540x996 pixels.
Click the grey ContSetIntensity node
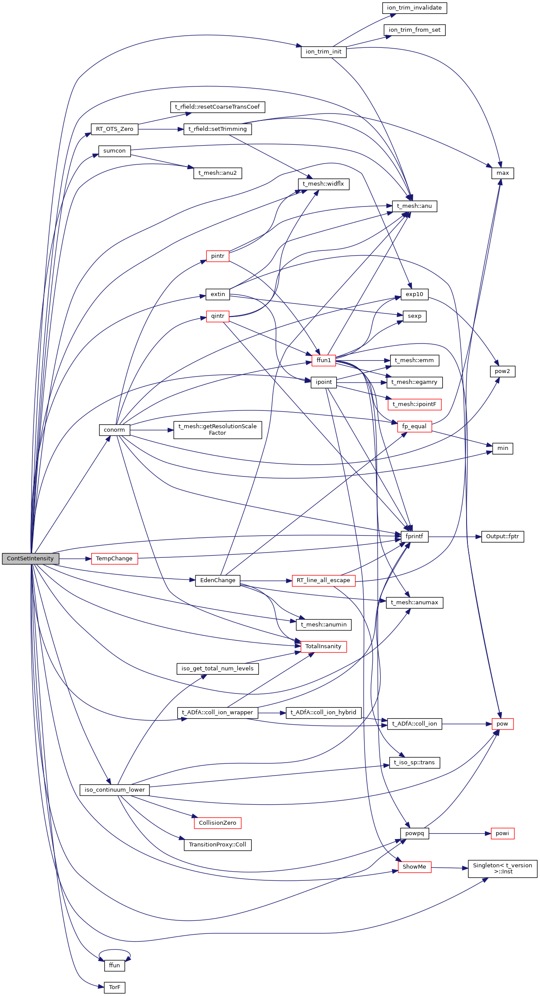click(x=30, y=559)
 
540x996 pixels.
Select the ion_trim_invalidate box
click(x=414, y=8)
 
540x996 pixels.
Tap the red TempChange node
click(x=114, y=559)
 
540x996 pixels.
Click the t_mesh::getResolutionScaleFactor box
click(x=217, y=430)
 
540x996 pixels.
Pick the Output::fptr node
click(x=502, y=536)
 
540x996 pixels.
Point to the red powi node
click(x=502, y=833)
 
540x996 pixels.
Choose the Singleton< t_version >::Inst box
click(x=502, y=868)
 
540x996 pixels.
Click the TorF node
click(x=115, y=987)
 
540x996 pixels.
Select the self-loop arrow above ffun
click(x=115, y=951)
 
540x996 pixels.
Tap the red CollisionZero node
click(x=217, y=823)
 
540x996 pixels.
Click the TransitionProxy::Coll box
click(x=217, y=845)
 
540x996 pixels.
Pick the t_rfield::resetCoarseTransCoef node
click(x=217, y=107)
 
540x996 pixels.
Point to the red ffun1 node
click(x=324, y=360)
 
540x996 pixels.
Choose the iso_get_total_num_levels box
click(x=217, y=669)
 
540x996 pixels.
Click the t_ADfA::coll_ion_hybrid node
click(x=323, y=713)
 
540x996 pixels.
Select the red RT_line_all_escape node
click(x=323, y=580)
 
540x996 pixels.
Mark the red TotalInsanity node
click(x=323, y=646)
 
